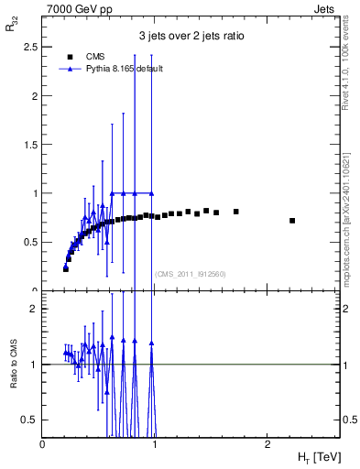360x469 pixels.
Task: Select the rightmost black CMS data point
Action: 292,221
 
